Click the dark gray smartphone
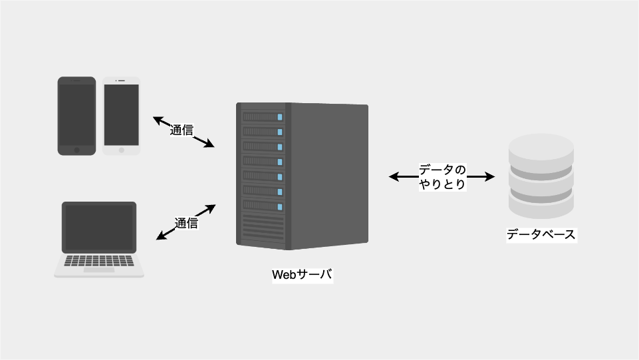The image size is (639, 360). click(x=76, y=116)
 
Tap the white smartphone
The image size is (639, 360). click(x=122, y=116)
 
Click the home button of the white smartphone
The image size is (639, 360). click(x=122, y=150)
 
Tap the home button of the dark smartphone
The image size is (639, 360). click(x=76, y=150)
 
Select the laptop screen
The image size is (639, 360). click(x=99, y=228)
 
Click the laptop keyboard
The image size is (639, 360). click(x=99, y=261)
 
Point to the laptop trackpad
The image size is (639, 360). click(x=99, y=270)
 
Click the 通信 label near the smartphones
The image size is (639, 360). click(x=182, y=130)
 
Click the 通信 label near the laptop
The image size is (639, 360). click(x=186, y=223)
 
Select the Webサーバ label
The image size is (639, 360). click(x=303, y=274)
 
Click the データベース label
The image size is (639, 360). click(x=541, y=234)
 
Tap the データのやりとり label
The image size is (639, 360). click(x=442, y=176)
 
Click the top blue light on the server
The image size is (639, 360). click(x=280, y=117)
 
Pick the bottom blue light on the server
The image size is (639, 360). click(x=280, y=207)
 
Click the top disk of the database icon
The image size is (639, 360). click(x=541, y=151)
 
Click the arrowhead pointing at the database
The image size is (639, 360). click(x=490, y=176)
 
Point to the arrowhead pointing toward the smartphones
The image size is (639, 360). click(x=158, y=120)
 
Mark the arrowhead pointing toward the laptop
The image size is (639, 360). click(x=162, y=236)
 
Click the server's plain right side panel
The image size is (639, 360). click(x=329, y=176)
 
